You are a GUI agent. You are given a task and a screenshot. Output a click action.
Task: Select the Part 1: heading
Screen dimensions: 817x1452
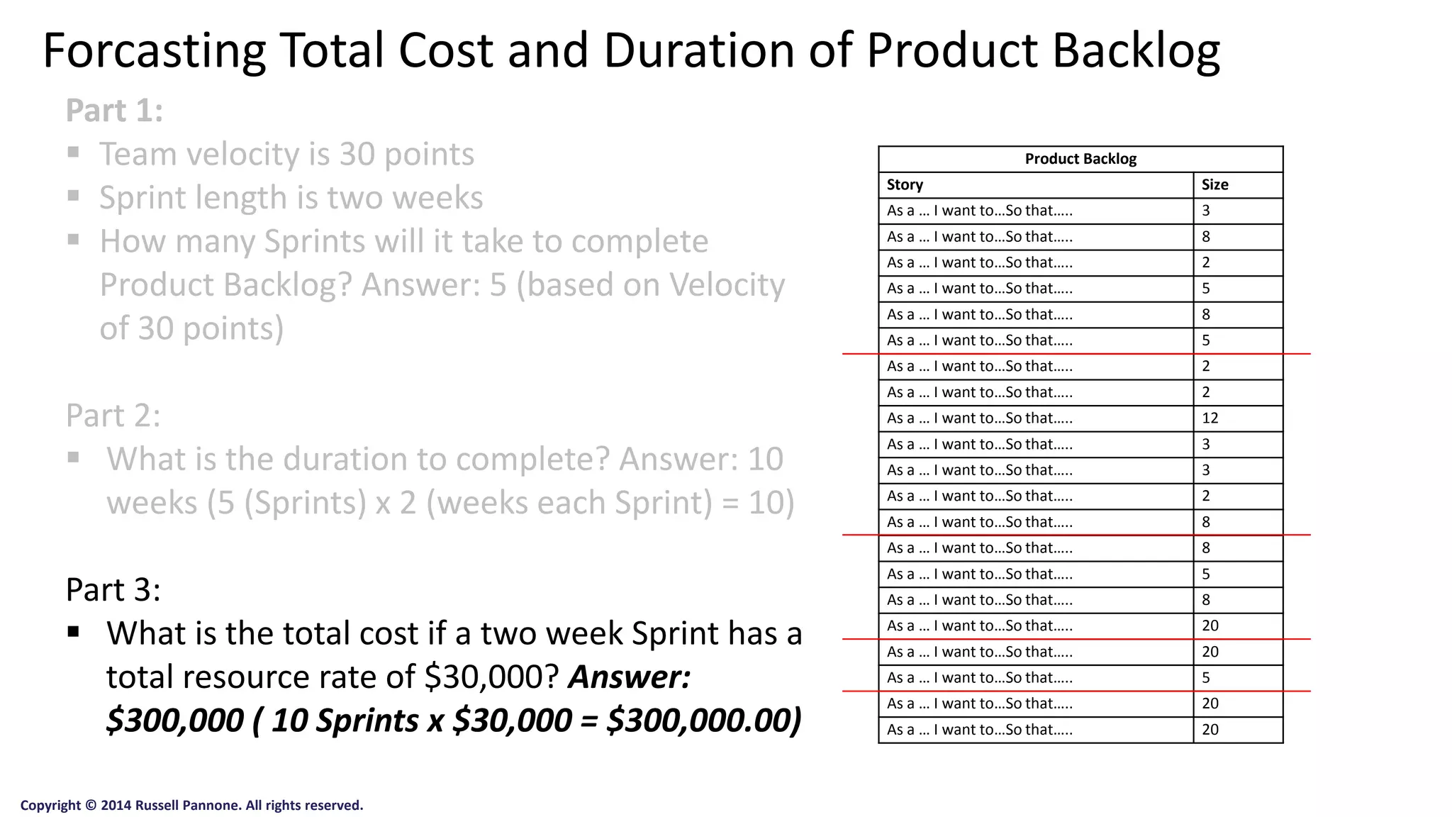(x=114, y=111)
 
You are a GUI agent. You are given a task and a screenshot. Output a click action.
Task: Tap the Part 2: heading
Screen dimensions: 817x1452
(x=113, y=416)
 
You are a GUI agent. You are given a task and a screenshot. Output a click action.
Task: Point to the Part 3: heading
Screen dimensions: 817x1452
(x=113, y=589)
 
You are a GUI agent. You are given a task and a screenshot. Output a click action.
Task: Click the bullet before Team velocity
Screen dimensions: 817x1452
(x=73, y=152)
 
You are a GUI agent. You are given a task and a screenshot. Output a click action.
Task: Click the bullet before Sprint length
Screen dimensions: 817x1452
(x=73, y=196)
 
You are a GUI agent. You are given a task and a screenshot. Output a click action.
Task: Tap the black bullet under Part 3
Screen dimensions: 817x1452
(x=73, y=631)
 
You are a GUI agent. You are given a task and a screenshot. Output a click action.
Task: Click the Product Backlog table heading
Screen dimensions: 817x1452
(x=1080, y=159)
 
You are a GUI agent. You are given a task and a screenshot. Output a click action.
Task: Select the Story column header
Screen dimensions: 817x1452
(x=905, y=185)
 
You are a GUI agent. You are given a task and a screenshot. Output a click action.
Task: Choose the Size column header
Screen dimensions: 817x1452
(x=1214, y=185)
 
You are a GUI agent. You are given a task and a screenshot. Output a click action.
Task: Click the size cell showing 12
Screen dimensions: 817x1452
(x=1210, y=418)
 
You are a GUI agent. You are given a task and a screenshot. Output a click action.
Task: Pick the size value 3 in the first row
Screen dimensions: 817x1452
(x=1206, y=211)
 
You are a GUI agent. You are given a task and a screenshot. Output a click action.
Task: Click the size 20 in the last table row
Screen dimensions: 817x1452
(x=1210, y=730)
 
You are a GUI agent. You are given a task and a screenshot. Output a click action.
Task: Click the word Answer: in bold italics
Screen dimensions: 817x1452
(x=629, y=677)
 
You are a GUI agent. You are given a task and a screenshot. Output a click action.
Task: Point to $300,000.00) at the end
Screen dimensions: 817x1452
(x=704, y=721)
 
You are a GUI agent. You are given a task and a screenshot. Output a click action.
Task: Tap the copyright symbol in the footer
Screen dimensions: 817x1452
(x=90, y=806)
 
